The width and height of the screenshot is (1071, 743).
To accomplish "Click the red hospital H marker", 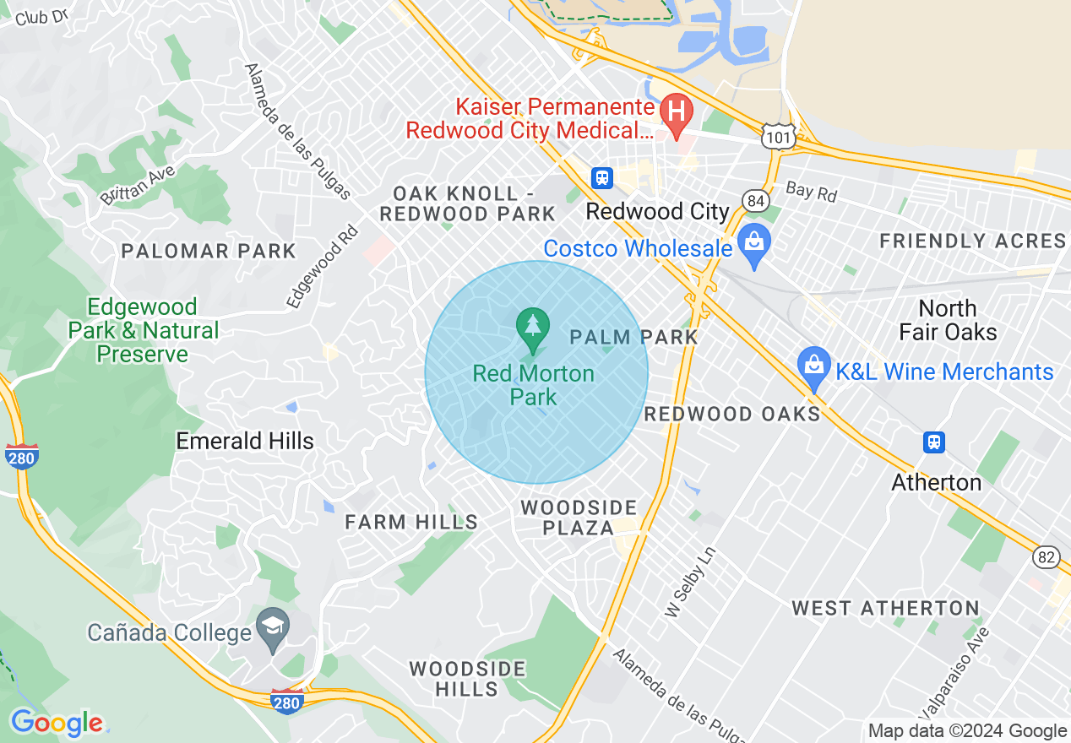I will (676, 110).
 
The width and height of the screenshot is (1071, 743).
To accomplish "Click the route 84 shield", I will (754, 200).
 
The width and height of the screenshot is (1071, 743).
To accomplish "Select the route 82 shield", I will (1045, 556).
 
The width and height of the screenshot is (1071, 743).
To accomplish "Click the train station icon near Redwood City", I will (601, 177).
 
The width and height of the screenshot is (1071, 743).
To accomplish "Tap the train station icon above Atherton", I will (933, 442).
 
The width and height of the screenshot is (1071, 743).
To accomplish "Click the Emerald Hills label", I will (245, 441).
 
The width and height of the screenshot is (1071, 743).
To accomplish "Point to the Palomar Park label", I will (209, 251).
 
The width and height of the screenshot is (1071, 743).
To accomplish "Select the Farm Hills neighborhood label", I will (411, 523).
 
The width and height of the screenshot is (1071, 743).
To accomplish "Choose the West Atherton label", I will (885, 608).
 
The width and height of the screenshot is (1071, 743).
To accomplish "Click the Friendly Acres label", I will (972, 241).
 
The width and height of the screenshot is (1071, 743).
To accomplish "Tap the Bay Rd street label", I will (811, 192).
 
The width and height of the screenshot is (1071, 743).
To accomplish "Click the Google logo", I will (57, 723).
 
